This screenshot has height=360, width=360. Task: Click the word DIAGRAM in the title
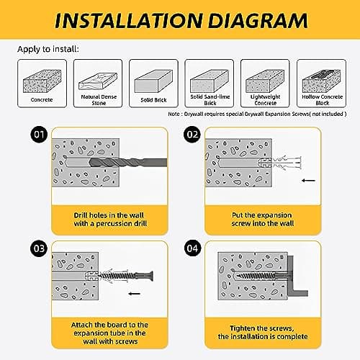tap(258, 21)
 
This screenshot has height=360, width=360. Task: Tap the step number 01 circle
tap(39, 135)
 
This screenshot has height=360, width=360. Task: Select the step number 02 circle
tap(192, 135)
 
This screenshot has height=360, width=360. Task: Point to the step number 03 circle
tap(39, 248)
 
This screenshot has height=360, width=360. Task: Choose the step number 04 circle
tap(192, 248)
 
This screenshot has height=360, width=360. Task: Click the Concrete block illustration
tap(42, 81)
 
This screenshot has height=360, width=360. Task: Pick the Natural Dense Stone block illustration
tap(98, 81)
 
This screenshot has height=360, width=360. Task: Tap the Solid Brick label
tap(153, 100)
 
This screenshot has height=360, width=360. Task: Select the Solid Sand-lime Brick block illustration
tap(210, 81)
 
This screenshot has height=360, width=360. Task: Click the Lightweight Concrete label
tap(265, 100)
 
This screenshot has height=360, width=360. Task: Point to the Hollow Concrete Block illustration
tap(321, 81)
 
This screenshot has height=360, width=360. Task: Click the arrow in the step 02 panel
tap(308, 180)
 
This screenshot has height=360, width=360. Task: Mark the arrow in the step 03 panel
tap(135, 293)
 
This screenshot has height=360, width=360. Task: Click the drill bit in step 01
tap(128, 163)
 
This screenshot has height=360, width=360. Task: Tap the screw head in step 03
tap(150, 276)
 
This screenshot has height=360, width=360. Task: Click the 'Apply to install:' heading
tap(48, 49)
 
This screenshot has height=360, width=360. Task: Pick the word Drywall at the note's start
tap(194, 114)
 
